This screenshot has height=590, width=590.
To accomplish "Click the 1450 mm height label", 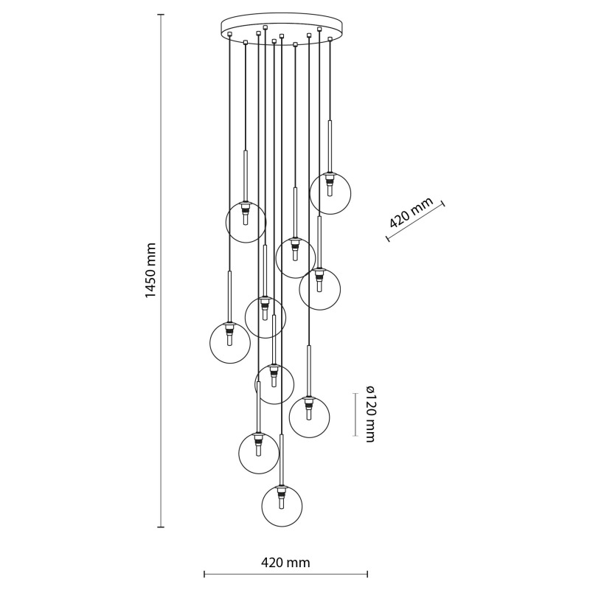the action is (x=150, y=270).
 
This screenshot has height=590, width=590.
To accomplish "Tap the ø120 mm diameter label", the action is (x=370, y=414).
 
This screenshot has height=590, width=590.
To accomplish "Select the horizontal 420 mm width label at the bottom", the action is (x=285, y=563).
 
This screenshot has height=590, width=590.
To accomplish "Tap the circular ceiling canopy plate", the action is (x=282, y=26).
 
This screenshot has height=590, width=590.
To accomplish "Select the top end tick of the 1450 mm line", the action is (x=161, y=14).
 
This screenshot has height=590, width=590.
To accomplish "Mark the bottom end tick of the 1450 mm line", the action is (x=161, y=527).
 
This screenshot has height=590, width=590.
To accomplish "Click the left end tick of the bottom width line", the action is (x=204, y=575).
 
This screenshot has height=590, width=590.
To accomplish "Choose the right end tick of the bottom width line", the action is (x=367, y=575).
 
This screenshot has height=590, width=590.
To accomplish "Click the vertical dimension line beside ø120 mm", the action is (x=355, y=414).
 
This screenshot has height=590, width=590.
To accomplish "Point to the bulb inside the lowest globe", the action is (x=280, y=502).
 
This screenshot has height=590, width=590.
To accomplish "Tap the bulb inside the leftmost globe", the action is (x=230, y=339).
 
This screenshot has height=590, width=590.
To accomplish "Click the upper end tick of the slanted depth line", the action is (x=443, y=204).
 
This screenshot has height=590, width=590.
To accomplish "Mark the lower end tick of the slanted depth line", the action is (x=387, y=238).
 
